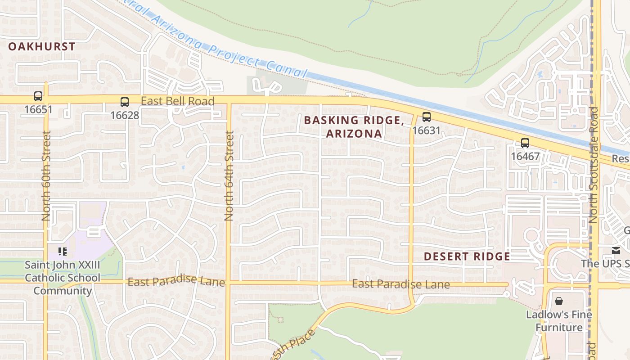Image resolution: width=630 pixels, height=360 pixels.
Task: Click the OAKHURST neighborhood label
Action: tap(42, 46)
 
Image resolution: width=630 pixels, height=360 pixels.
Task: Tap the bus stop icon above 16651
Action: tap(38, 96)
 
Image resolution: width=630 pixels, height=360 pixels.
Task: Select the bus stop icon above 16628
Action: tap(125, 102)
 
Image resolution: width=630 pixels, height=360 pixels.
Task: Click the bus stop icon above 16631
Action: tap(426, 117)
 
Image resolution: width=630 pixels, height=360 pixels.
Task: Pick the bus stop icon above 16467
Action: tap(525, 143)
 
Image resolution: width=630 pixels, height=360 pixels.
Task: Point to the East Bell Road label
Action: tap(178, 101)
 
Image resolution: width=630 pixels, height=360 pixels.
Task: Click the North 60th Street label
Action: tap(46, 175)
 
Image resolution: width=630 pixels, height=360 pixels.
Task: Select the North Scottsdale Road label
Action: tap(594, 165)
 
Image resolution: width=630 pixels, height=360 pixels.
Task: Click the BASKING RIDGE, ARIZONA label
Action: tap(354, 127)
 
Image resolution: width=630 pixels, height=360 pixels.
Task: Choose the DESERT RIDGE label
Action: tap(467, 256)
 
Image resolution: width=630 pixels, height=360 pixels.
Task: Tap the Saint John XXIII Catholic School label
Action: tap(63, 278)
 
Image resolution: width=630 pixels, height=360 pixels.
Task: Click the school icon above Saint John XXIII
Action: tap(63, 251)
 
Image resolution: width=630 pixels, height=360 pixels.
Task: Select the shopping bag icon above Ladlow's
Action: tap(559, 301)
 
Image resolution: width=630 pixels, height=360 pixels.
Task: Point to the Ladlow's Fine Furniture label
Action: tap(559, 321)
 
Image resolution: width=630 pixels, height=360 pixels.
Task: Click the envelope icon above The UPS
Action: tap(615, 250)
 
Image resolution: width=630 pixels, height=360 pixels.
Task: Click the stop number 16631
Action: tap(426, 130)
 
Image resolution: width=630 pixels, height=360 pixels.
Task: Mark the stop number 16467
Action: tap(525, 157)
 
